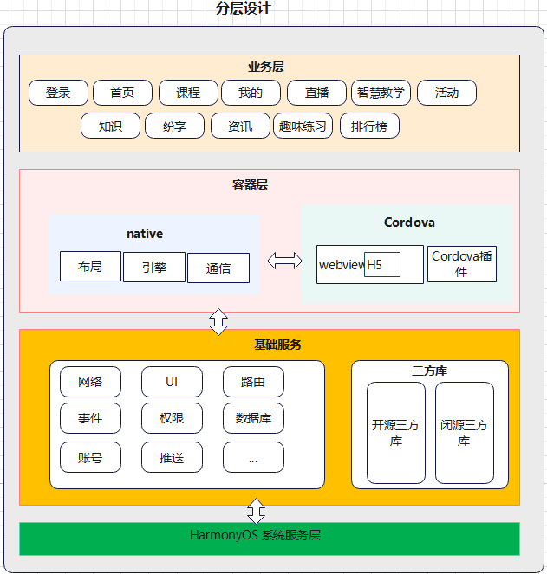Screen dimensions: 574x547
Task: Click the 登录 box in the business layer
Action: click(58, 93)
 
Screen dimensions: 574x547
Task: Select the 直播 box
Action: click(317, 93)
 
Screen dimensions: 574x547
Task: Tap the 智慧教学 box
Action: click(381, 93)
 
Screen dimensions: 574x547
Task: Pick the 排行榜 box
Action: click(369, 126)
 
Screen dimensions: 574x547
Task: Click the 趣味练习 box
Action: click(303, 126)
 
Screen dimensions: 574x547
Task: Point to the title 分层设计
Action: click(244, 9)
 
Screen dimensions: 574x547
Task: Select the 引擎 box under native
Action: click(154, 268)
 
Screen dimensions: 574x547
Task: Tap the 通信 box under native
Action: click(218, 268)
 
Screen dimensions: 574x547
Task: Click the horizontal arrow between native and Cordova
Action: click(284, 261)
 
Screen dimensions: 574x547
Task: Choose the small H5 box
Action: click(381, 264)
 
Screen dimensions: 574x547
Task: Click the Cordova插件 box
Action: click(462, 263)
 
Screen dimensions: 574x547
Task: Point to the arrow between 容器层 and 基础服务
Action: click(218, 320)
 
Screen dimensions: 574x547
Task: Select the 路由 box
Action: click(253, 382)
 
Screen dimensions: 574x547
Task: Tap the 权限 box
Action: click(172, 418)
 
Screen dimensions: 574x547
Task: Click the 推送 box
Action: click(172, 457)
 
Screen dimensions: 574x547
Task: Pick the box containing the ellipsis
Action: click(253, 457)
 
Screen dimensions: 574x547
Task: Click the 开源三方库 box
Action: click(395, 432)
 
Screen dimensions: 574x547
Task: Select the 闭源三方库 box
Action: click(464, 432)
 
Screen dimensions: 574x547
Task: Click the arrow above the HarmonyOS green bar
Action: click(256, 509)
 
